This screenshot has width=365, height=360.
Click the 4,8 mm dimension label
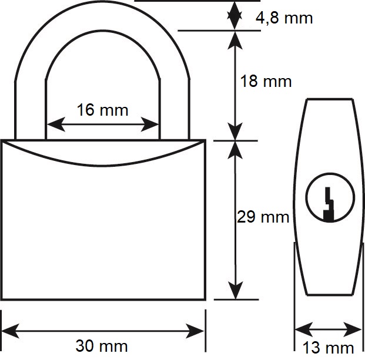284,18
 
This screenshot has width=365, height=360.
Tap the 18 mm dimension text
266,81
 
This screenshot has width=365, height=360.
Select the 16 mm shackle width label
102,110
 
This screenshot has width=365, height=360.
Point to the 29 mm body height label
263,217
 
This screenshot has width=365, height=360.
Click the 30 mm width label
102,346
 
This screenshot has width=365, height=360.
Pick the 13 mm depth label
328,348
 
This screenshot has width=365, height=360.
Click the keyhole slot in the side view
329,204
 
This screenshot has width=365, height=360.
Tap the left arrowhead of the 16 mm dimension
56,125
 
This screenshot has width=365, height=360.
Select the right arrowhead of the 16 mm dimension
150,125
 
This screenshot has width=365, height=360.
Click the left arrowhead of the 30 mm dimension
11,331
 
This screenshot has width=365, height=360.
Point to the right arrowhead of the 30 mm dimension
195,331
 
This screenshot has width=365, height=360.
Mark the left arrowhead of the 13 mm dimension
304,329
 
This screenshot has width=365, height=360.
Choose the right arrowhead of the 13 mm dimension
353,329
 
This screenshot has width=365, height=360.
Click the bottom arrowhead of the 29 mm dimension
236,290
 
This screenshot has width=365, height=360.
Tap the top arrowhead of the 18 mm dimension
235,41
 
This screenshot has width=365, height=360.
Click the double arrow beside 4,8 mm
235,16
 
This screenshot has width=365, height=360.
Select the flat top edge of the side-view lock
330,99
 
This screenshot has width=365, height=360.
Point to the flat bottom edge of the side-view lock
330,295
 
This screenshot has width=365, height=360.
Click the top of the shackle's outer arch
102,2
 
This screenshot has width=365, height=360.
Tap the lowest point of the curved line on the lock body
102,166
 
